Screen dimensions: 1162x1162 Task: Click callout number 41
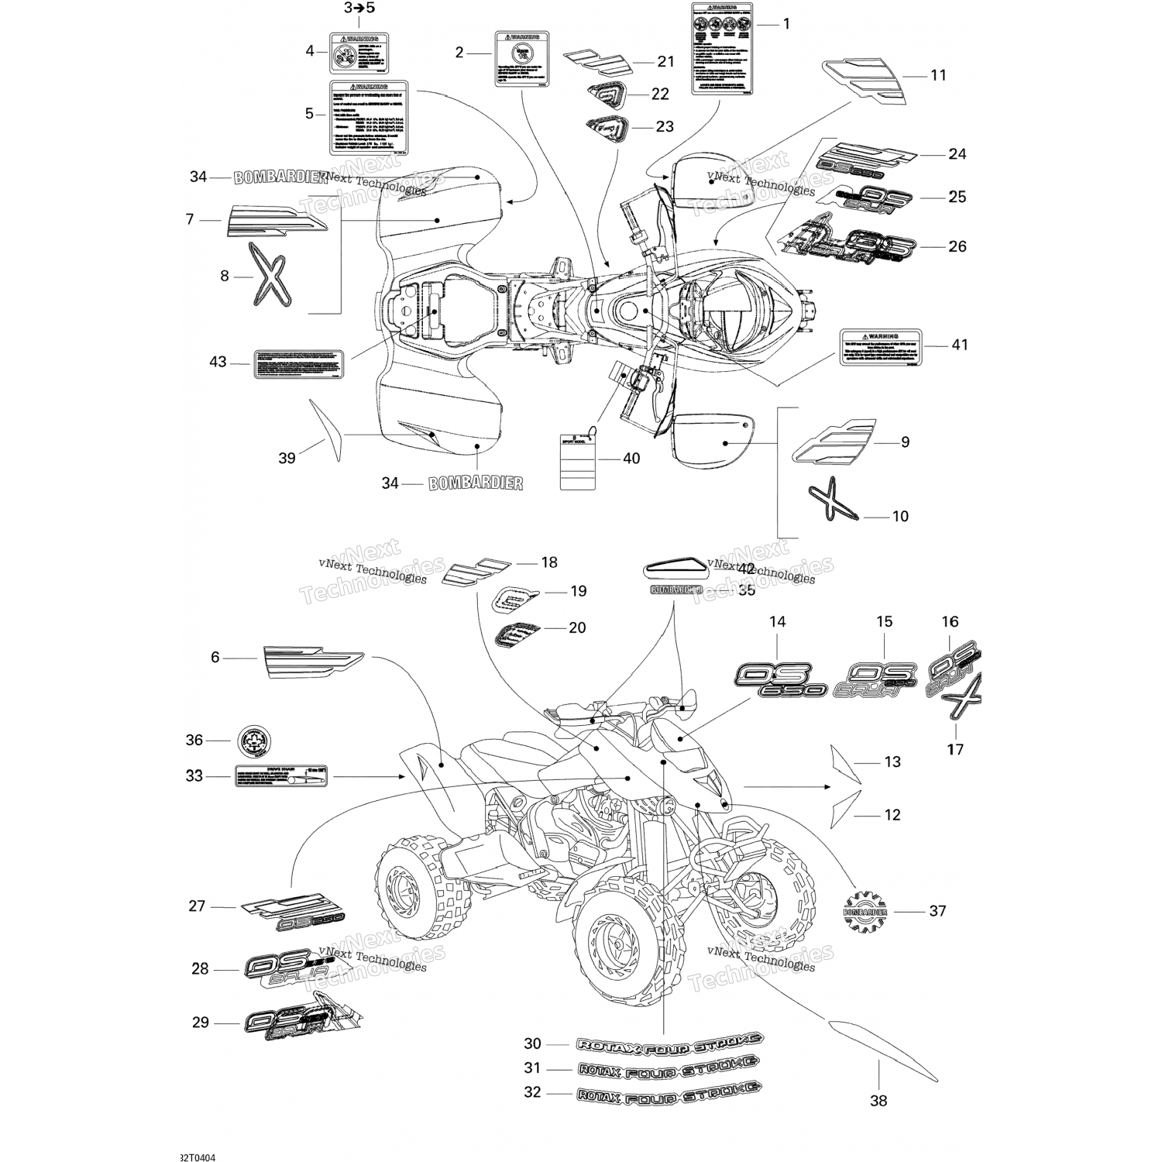pos(960,345)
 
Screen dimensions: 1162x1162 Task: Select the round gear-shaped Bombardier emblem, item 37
pos(865,910)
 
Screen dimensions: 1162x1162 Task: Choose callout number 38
pos(878,1100)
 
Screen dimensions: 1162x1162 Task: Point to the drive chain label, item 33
pos(279,776)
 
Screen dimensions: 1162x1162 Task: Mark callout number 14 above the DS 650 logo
pos(778,621)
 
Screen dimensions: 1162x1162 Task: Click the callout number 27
pos(197,906)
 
